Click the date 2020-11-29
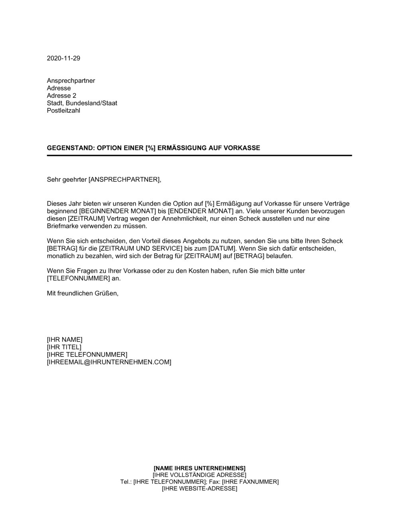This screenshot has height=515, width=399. coord(63,58)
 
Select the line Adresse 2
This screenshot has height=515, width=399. coord(61,96)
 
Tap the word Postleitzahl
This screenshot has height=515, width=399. coord(63,111)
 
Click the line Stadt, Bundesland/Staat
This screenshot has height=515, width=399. coord(82,103)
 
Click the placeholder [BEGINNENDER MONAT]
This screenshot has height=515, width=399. coord(119,211)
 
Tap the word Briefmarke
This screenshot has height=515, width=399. coord(63,226)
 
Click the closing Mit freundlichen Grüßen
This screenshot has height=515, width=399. coord(83,293)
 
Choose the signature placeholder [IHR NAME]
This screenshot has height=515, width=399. coord(65,340)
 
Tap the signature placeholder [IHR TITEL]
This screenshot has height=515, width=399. coord(64,347)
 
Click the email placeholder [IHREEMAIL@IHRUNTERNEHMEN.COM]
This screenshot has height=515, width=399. coord(109,362)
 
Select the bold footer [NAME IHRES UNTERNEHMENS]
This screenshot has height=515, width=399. coord(199,468)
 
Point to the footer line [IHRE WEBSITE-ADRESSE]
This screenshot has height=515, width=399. coord(199,489)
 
